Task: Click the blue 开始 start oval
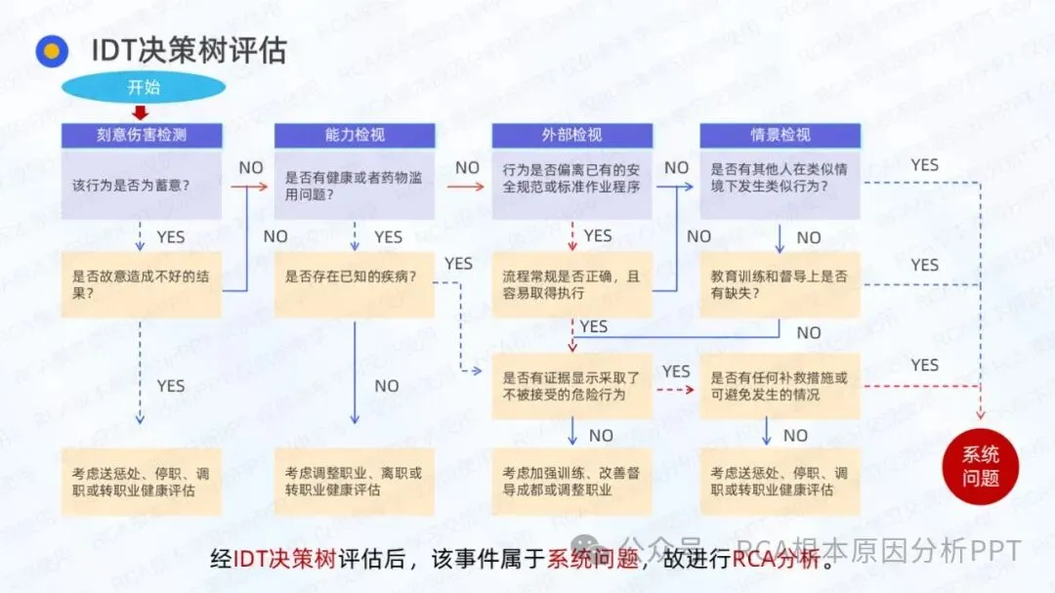(x=143, y=87)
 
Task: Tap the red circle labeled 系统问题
(x=980, y=467)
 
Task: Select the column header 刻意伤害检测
(x=142, y=135)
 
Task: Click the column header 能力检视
(x=354, y=135)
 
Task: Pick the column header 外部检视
(x=571, y=135)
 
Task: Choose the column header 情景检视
(x=780, y=135)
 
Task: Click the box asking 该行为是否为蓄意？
(x=142, y=185)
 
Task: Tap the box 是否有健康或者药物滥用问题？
(x=354, y=185)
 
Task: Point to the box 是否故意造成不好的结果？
(x=142, y=284)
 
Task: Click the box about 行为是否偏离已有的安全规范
(x=571, y=185)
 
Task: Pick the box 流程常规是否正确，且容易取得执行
(x=571, y=284)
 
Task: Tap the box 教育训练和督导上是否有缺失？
(x=780, y=284)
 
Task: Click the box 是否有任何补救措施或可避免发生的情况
(x=780, y=386)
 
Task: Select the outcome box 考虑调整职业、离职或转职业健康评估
(x=354, y=481)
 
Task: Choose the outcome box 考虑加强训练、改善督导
(x=571, y=481)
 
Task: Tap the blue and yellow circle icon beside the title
(x=52, y=51)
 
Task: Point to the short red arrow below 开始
(x=140, y=112)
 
